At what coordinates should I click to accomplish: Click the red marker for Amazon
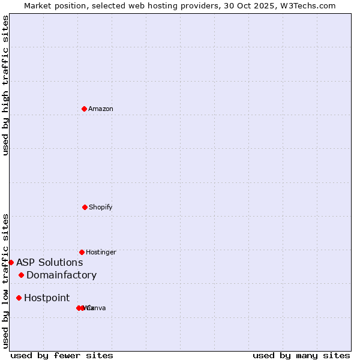pos(85,109)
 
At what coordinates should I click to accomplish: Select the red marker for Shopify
pos(85,207)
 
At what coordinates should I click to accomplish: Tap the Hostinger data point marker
pos(82,252)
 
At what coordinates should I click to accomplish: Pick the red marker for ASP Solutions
pos(11,262)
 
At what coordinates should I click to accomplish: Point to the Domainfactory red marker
pos(21,275)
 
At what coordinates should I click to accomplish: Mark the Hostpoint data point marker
pos(19,298)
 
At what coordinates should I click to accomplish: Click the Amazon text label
pos(101,109)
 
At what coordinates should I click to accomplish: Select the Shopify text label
pos(101,207)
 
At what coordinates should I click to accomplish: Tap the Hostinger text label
pos(101,252)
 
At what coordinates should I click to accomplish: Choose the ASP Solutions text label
pos(49,262)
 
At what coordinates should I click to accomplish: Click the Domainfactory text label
pos(61,275)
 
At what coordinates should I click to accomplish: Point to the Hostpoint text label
pos(47,298)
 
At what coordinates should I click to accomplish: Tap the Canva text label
pos(97,308)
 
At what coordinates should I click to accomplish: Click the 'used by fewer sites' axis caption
pos(62,355)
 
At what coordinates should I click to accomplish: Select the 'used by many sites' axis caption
pos(301,355)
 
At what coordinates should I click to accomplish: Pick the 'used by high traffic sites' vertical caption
pos(5,85)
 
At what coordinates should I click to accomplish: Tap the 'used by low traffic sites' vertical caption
pos(5,281)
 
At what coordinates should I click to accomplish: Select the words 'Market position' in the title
pos(52,5)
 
